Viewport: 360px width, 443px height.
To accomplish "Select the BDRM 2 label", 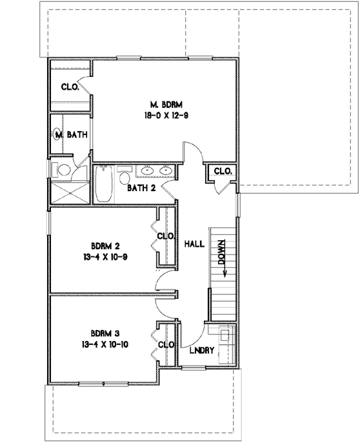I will point(106,245).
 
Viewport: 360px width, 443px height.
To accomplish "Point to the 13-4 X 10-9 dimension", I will point(106,257).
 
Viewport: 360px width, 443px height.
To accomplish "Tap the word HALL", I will point(194,244).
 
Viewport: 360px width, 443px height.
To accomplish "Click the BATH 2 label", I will point(141,189).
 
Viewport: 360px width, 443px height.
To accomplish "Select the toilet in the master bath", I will point(63,170).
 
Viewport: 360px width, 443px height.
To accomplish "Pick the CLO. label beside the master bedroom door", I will point(223,171).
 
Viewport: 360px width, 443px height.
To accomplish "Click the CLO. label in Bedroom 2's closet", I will point(165,236).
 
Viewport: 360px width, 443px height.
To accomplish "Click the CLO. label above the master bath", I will point(70,87).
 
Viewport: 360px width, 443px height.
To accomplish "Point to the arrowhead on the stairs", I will point(225,273).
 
